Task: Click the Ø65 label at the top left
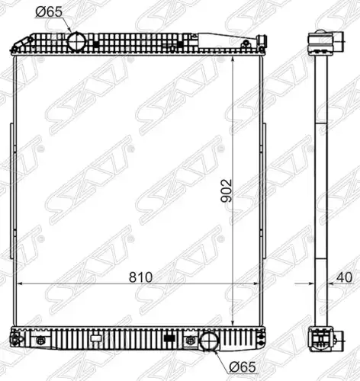[x=49, y=12]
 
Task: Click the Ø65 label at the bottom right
[x=242, y=367]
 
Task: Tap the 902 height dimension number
[x=227, y=190]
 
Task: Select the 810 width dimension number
[x=140, y=277]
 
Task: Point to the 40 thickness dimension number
[x=344, y=277]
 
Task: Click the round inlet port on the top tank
[x=77, y=41]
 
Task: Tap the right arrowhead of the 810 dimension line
[x=256, y=283]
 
